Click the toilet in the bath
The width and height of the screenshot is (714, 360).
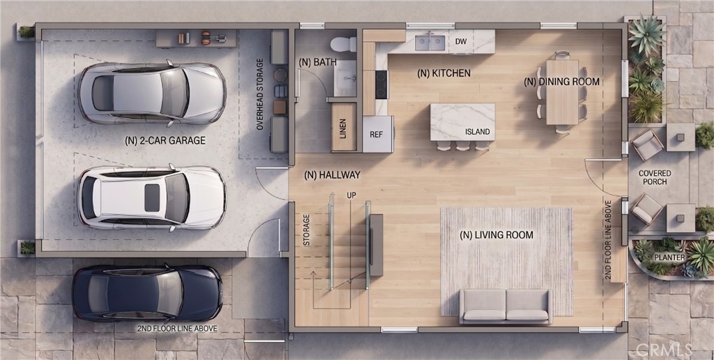[x=343, y=44]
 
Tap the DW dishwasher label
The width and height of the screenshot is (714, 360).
[x=461, y=42]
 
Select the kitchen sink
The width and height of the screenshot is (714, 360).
[x=430, y=43]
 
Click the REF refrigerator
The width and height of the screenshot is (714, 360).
[x=377, y=134]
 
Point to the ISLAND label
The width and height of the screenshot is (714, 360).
[x=477, y=132]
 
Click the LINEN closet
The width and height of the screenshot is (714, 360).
[x=344, y=127]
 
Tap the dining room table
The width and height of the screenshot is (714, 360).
[x=563, y=92]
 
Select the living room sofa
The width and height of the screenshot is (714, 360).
[x=506, y=306]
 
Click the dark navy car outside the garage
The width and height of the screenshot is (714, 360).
[x=147, y=293]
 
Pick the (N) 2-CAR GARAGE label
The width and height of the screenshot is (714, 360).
[x=165, y=141]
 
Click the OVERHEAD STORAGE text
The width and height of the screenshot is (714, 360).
[x=260, y=94]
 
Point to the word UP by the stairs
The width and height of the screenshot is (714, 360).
[x=351, y=195]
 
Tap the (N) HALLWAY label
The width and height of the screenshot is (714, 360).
[x=332, y=174]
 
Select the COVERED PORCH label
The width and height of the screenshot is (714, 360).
[x=655, y=177]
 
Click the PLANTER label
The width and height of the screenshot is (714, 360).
[x=669, y=257]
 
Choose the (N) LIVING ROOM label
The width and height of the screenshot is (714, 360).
[x=496, y=235]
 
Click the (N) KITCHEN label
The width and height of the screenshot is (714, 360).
[x=443, y=73]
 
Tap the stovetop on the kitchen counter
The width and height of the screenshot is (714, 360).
[x=381, y=84]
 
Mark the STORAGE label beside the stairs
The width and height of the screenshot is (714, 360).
[x=307, y=230]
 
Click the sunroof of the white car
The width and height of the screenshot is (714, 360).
[x=152, y=197]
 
